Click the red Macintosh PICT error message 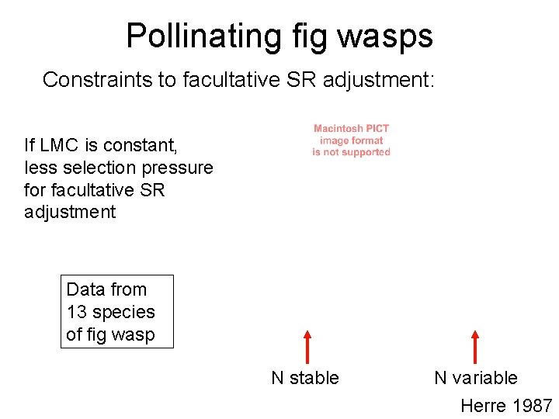click(x=351, y=140)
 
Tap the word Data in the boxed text click(x=85, y=289)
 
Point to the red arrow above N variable click(x=475, y=347)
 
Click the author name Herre click(x=483, y=405)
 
